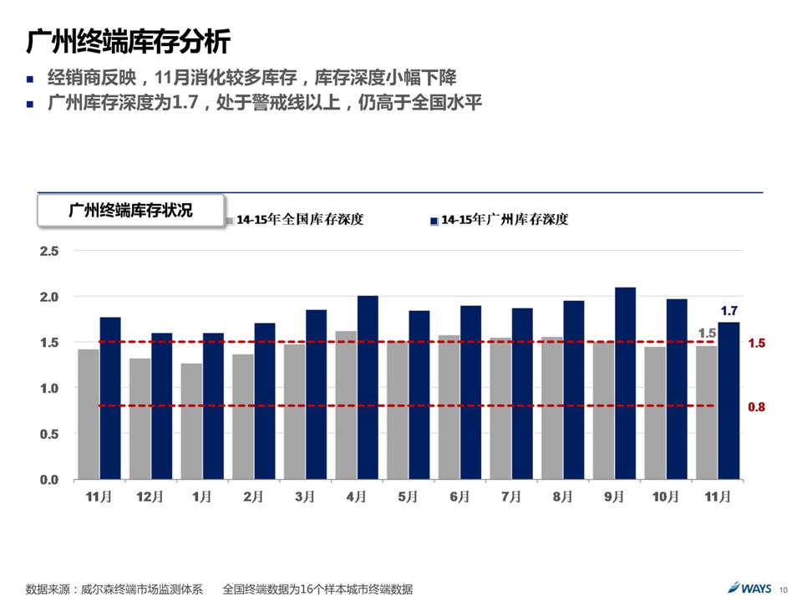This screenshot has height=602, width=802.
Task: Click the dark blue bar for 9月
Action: [625, 383]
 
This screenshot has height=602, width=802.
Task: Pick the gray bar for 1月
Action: [191, 421]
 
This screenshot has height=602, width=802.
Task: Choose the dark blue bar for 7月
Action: [522, 394]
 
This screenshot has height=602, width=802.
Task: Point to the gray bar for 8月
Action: [552, 408]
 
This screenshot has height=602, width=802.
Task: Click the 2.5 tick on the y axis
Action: [49, 251]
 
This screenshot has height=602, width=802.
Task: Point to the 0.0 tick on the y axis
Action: [49, 480]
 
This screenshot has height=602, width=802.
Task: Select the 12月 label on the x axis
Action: [150, 497]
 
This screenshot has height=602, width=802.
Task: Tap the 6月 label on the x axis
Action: [460, 497]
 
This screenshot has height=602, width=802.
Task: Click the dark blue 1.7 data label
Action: [729, 310]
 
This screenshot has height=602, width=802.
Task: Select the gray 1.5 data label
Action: [707, 334]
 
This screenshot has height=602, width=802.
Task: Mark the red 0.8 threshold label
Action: [756, 407]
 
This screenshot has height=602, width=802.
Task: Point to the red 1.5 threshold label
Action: [756, 344]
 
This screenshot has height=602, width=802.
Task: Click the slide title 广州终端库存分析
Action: [128, 41]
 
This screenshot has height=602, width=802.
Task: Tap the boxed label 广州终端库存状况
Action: [130, 210]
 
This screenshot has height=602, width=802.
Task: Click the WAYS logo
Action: [749, 588]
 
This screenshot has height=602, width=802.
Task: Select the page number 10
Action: [784, 589]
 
